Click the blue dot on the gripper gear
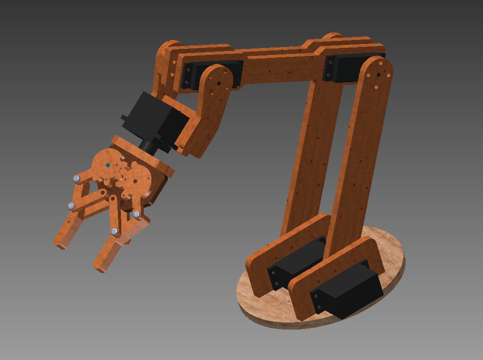point(108,165)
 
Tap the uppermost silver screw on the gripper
point(76,178)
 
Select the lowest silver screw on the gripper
point(114,231)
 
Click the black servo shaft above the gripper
point(148,145)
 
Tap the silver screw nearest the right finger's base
point(136,214)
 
